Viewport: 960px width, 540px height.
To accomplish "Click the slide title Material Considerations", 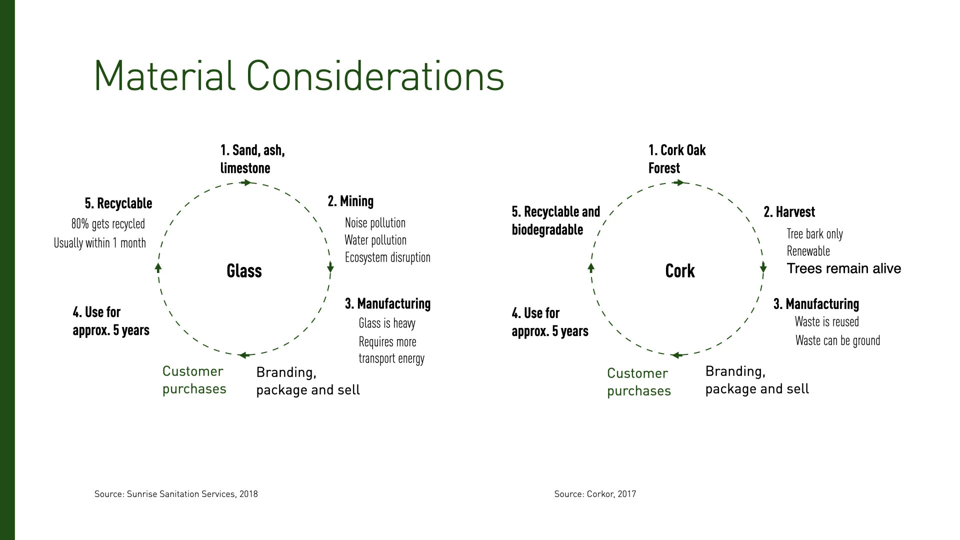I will click(x=298, y=76).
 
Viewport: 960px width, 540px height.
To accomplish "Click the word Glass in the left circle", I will click(x=244, y=271).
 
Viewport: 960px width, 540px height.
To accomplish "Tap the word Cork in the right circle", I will click(x=679, y=271).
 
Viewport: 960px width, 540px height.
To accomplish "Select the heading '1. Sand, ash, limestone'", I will click(x=252, y=159).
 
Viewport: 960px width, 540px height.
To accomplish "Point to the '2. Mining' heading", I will click(x=350, y=201).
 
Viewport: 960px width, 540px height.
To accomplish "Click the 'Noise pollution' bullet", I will click(x=375, y=223).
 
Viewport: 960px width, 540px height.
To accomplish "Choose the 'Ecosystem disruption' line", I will click(x=387, y=257).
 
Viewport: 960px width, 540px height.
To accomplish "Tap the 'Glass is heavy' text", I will click(x=387, y=323).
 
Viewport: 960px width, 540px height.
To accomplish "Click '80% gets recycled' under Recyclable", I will click(x=108, y=224).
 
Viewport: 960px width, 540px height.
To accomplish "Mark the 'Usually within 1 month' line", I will click(x=100, y=243).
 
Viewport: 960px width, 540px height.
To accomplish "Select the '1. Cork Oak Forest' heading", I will click(x=676, y=159).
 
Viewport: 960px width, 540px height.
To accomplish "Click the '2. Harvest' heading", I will click(x=789, y=212).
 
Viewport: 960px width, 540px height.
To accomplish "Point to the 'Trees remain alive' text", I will click(x=844, y=268).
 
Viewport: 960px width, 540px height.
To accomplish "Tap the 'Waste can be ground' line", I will click(x=837, y=341).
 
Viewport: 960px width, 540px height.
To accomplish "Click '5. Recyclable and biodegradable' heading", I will click(x=555, y=220).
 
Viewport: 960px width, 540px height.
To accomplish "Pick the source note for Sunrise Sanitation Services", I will click(x=176, y=494).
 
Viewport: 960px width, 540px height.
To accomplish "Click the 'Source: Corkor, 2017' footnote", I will click(x=595, y=494).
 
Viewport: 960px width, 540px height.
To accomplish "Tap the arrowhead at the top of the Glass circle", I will click(x=246, y=182).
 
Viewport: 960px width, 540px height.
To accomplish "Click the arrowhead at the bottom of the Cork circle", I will click(x=676, y=355).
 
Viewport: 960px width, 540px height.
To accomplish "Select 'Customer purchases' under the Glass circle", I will click(x=194, y=380).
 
